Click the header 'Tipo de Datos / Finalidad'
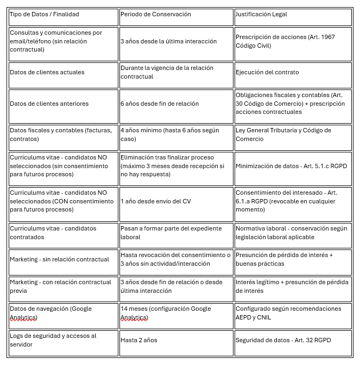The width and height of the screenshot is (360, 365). pyautogui.click(x=43, y=15)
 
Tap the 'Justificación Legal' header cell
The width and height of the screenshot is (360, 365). pyautogui.click(x=261, y=15)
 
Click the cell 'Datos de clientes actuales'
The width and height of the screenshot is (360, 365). pyautogui.click(x=47, y=72)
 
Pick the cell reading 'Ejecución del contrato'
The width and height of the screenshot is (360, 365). pyautogui.click(x=267, y=72)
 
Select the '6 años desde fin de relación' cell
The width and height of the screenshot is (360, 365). pyautogui.click(x=160, y=104)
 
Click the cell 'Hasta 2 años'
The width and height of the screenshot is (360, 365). pyautogui.click(x=139, y=340)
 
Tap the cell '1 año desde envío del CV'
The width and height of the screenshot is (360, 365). pyautogui.click(x=155, y=201)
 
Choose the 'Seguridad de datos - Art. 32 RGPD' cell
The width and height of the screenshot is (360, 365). pyautogui.click(x=283, y=340)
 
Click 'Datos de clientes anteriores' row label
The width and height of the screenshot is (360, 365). pyautogui.click(x=49, y=104)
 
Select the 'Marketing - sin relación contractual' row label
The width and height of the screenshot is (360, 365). pyautogui.click(x=59, y=259)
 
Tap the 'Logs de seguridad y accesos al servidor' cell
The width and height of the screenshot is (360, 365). pyautogui.click(x=53, y=340)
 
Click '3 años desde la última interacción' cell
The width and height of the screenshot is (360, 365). pyautogui.click(x=168, y=41)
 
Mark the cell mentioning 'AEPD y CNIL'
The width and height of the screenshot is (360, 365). pyautogui.click(x=288, y=313)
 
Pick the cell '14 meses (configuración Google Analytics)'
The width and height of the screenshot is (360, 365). pyautogui.click(x=166, y=313)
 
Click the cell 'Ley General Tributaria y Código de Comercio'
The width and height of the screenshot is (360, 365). pyautogui.click(x=283, y=135)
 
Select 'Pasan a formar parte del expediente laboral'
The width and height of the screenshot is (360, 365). pyautogui.click(x=168, y=233)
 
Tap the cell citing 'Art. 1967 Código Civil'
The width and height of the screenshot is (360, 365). pyautogui.click(x=285, y=41)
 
